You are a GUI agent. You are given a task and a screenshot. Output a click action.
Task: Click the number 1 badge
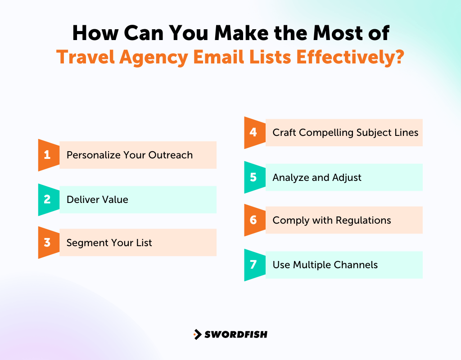pos(47,155)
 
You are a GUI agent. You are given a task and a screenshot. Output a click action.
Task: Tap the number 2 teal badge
pos(47,199)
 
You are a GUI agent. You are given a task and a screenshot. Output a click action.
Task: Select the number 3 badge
pos(47,243)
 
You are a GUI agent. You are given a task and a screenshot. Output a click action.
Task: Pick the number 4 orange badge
pos(253,133)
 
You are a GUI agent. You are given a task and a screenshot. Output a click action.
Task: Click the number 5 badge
pos(253,177)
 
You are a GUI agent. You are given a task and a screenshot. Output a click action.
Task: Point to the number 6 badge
pos(253,220)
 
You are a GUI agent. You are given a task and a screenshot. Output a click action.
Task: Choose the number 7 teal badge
pos(253,265)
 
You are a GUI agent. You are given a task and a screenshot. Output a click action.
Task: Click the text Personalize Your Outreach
pos(130,155)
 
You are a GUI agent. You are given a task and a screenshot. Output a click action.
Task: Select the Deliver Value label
pos(97,199)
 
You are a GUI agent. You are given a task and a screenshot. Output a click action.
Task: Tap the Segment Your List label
pos(109,243)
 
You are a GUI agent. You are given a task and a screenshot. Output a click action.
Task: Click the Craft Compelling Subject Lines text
pos(345,133)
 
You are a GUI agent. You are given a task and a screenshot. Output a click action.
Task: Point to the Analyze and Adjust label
pos(317,177)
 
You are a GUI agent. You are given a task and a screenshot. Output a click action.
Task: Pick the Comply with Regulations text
pos(332,220)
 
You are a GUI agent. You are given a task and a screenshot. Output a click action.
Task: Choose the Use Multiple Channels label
pos(325,265)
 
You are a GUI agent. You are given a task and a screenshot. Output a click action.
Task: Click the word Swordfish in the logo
pos(236,334)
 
